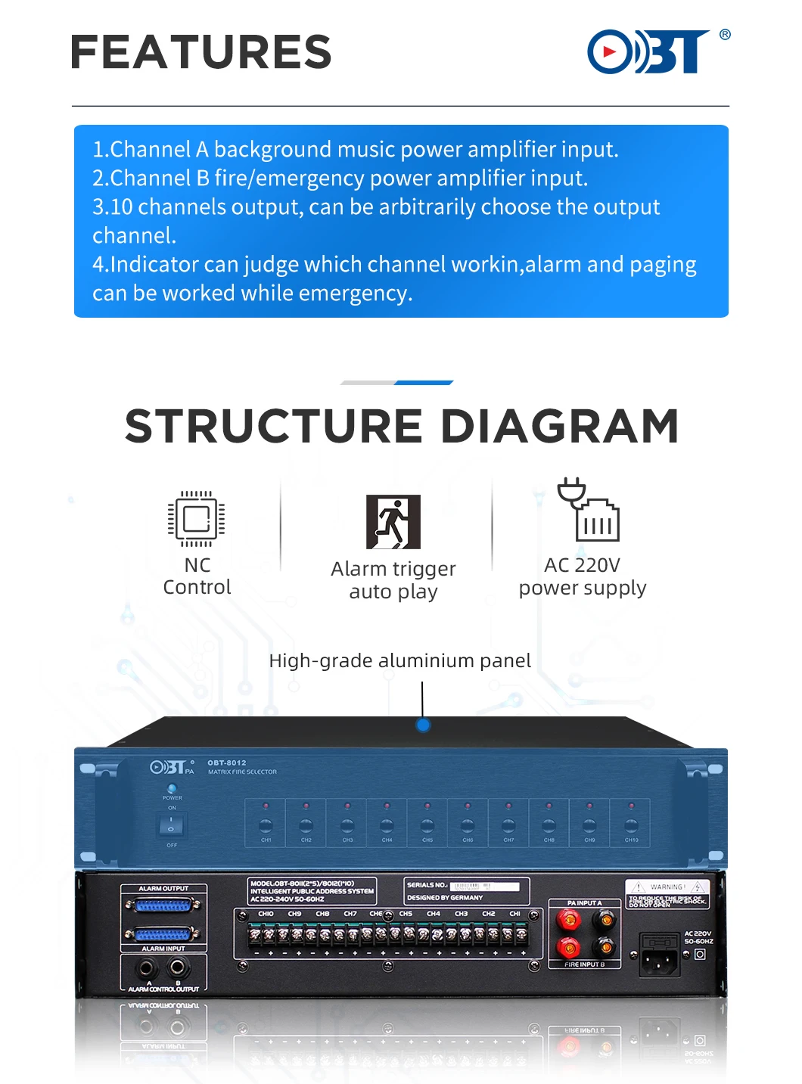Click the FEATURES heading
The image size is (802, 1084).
click(x=201, y=52)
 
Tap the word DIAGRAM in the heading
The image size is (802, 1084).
click(x=559, y=427)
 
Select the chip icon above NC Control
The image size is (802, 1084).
click(x=196, y=519)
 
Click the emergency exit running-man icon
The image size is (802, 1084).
click(x=393, y=522)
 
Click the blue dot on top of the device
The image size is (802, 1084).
click(x=423, y=725)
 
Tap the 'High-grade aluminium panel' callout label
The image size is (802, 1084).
click(x=399, y=660)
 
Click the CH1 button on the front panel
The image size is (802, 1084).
click(x=266, y=825)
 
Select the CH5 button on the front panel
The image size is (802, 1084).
click(x=427, y=825)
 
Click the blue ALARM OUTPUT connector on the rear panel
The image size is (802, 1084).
click(x=163, y=905)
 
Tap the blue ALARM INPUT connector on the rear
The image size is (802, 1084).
click(x=163, y=934)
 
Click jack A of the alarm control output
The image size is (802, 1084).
click(x=147, y=968)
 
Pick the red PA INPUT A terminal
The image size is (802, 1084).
click(x=567, y=920)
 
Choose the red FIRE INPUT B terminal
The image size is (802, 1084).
click(x=567, y=947)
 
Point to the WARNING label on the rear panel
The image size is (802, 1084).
click(x=667, y=887)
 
